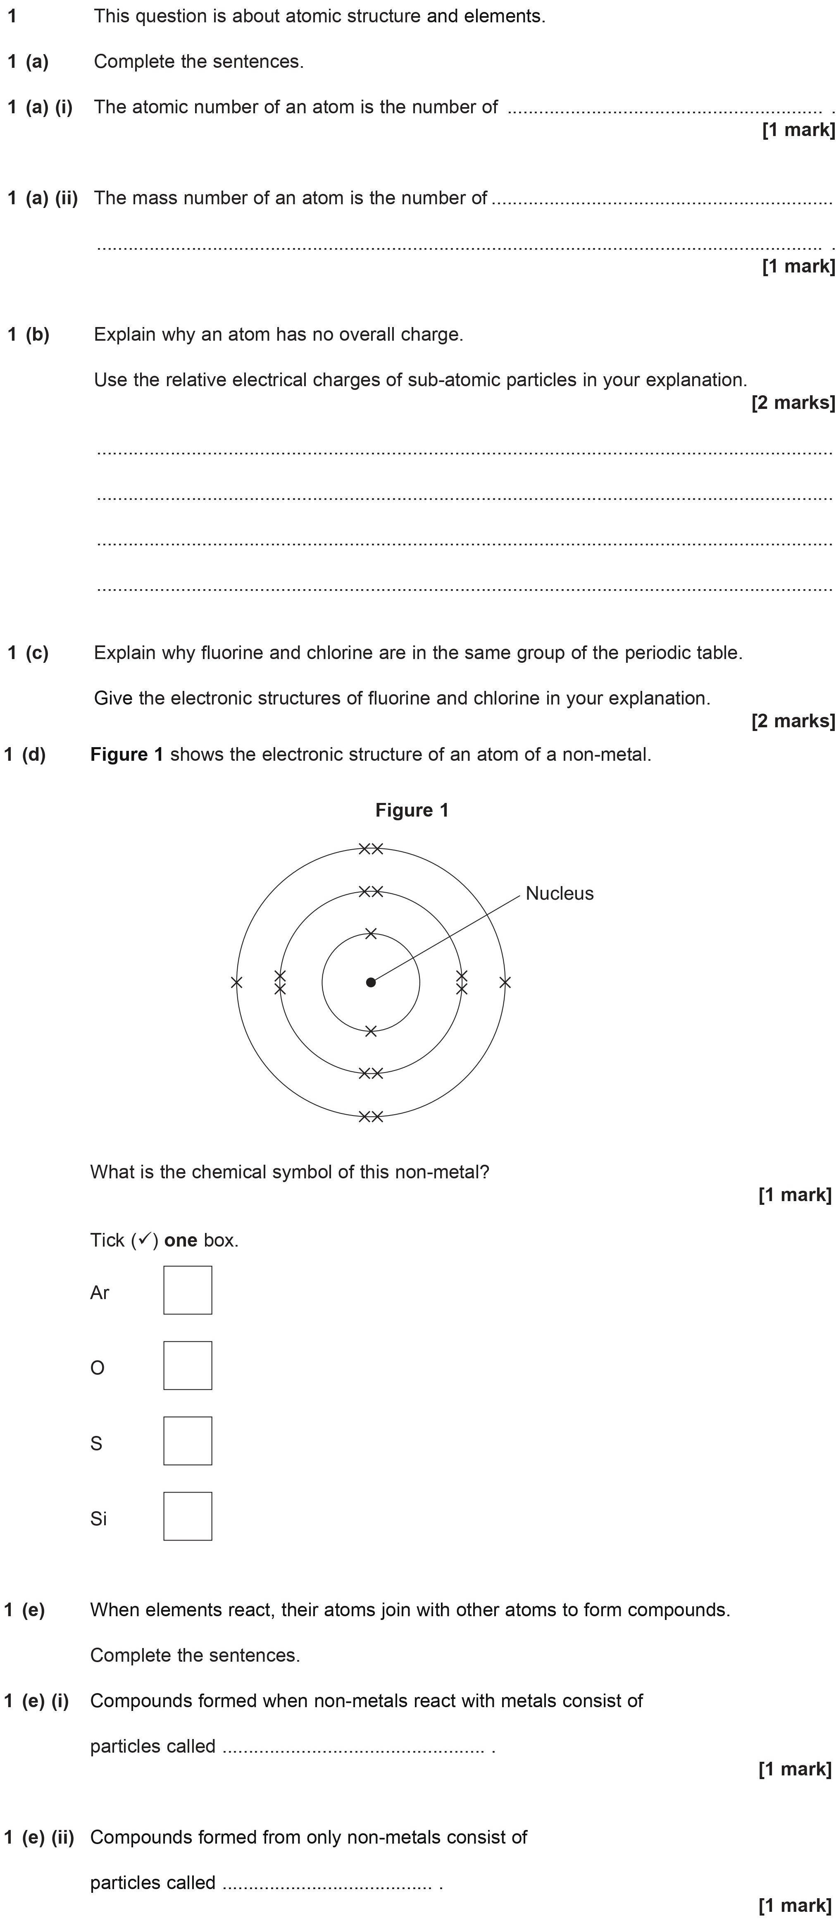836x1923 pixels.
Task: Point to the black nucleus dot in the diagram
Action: [371, 982]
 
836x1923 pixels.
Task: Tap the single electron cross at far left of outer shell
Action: [237, 982]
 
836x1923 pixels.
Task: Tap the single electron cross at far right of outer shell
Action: [505, 982]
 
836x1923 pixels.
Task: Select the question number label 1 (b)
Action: [29, 334]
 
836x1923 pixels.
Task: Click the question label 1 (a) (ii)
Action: [43, 198]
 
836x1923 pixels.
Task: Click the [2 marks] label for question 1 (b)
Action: [793, 402]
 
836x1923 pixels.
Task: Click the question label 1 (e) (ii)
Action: [39, 1837]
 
